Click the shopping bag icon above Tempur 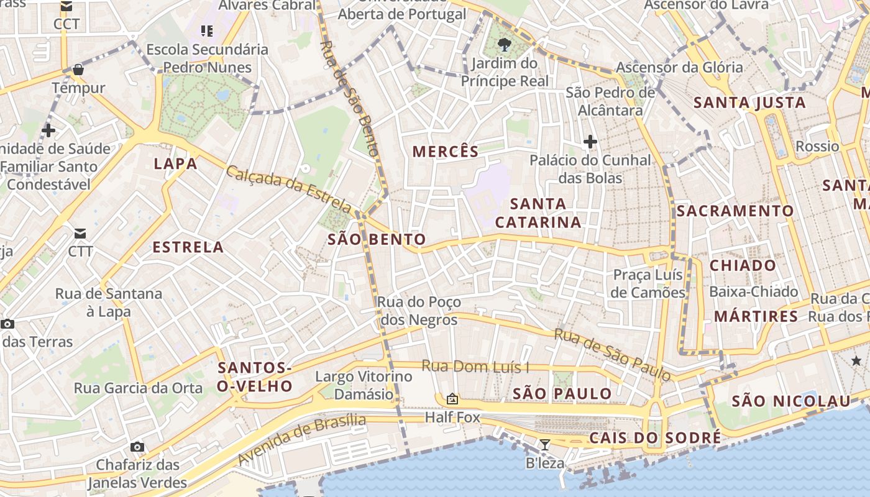(x=78, y=69)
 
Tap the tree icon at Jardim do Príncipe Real (x=505, y=44)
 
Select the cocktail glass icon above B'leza (x=545, y=444)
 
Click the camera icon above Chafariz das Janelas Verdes (x=137, y=447)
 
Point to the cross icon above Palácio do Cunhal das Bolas (x=590, y=142)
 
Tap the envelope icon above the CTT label (x=80, y=234)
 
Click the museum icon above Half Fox (x=452, y=399)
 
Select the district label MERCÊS (x=446, y=152)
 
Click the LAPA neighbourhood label (x=175, y=164)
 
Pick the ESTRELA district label (x=188, y=247)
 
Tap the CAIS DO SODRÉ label (x=655, y=438)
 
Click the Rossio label (x=817, y=147)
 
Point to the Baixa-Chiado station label (x=753, y=291)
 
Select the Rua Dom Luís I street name (x=475, y=367)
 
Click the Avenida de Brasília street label (x=302, y=439)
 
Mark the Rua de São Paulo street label (x=612, y=354)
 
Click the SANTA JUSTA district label (x=749, y=103)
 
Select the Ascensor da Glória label (x=679, y=67)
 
